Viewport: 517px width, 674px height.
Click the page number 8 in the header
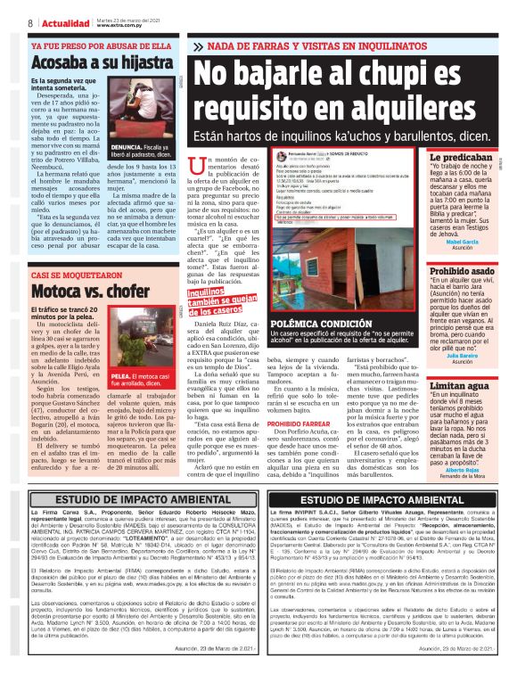tap(30, 23)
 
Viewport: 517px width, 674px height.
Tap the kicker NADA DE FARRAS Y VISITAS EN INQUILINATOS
tap(345, 45)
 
